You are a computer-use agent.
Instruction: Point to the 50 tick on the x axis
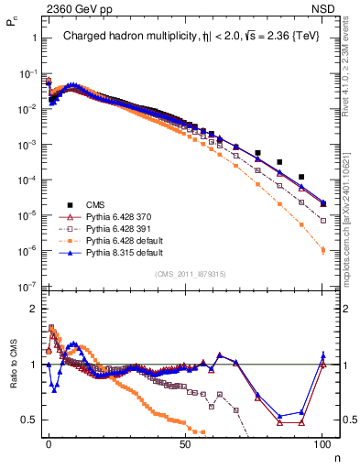tap(185, 443)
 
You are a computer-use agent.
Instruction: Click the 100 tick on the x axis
tap(322, 443)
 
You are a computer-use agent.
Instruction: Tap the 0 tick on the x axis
tap(49, 443)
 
